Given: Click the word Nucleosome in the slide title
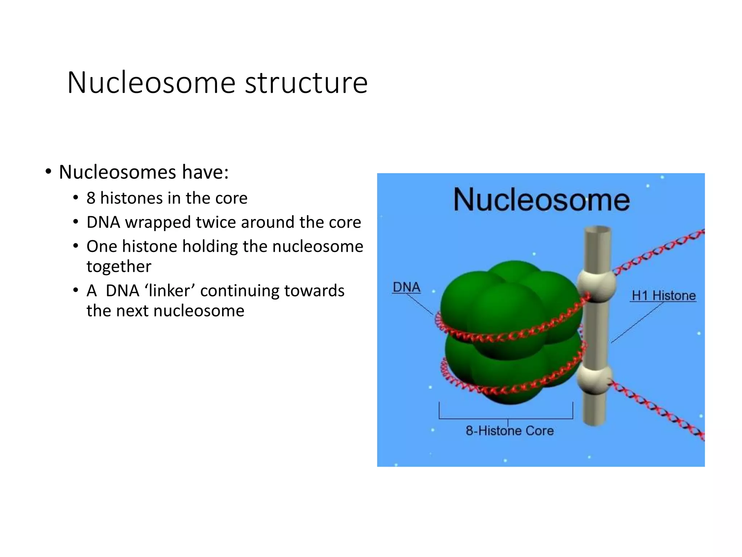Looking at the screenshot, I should tap(151, 83).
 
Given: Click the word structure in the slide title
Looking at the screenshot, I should tap(306, 83).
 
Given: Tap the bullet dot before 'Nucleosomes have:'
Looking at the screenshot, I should tap(48, 172).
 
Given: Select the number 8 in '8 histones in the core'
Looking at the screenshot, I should tap(91, 198).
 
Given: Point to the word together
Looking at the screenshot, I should tap(119, 267).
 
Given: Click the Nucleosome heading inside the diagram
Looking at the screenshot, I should tap(541, 200).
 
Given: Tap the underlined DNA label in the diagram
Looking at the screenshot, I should tap(407, 288).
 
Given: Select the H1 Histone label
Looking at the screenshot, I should tap(663, 296).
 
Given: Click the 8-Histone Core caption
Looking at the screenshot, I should tap(509, 431).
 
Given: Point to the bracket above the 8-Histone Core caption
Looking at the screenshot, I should tap(506, 418).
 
